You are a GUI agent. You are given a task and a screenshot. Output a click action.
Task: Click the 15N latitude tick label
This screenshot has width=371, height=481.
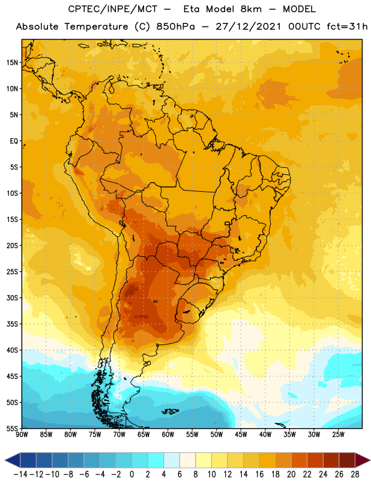point(12,63)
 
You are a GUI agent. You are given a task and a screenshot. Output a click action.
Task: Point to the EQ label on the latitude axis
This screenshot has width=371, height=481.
point(14,141)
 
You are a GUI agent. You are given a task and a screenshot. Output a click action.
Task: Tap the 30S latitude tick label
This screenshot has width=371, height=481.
point(12,298)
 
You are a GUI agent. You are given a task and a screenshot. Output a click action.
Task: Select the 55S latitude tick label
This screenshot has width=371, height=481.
point(12,428)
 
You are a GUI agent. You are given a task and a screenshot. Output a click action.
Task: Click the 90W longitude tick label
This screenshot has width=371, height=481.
point(22,435)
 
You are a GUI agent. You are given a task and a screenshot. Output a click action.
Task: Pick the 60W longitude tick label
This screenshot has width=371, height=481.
point(168,435)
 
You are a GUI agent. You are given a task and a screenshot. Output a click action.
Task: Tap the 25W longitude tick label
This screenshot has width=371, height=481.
point(338,435)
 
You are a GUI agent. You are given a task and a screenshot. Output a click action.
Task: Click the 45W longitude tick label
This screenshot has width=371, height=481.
point(241,435)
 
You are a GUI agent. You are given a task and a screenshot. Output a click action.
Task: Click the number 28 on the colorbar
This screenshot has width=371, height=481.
point(355,474)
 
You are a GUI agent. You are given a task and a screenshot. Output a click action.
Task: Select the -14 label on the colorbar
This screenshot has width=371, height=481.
point(20,474)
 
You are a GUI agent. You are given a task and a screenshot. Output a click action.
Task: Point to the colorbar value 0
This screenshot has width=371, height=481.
point(131,474)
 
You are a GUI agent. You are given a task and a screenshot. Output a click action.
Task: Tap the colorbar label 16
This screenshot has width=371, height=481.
point(259,474)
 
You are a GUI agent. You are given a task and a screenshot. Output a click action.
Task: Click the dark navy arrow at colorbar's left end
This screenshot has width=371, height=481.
point(13,460)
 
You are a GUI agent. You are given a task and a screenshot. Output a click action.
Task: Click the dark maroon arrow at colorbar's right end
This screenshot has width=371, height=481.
point(363,460)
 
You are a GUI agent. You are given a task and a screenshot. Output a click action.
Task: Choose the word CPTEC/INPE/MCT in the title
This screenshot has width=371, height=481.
point(112,9)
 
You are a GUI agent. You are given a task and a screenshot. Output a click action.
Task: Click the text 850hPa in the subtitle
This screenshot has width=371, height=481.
point(175,26)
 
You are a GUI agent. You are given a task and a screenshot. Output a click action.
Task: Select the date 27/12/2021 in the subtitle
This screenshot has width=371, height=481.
point(248,26)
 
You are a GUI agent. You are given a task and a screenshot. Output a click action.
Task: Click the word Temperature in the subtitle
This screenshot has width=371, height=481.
point(96,27)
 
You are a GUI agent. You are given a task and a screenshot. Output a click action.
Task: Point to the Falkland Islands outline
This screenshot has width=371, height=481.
point(170,411)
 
